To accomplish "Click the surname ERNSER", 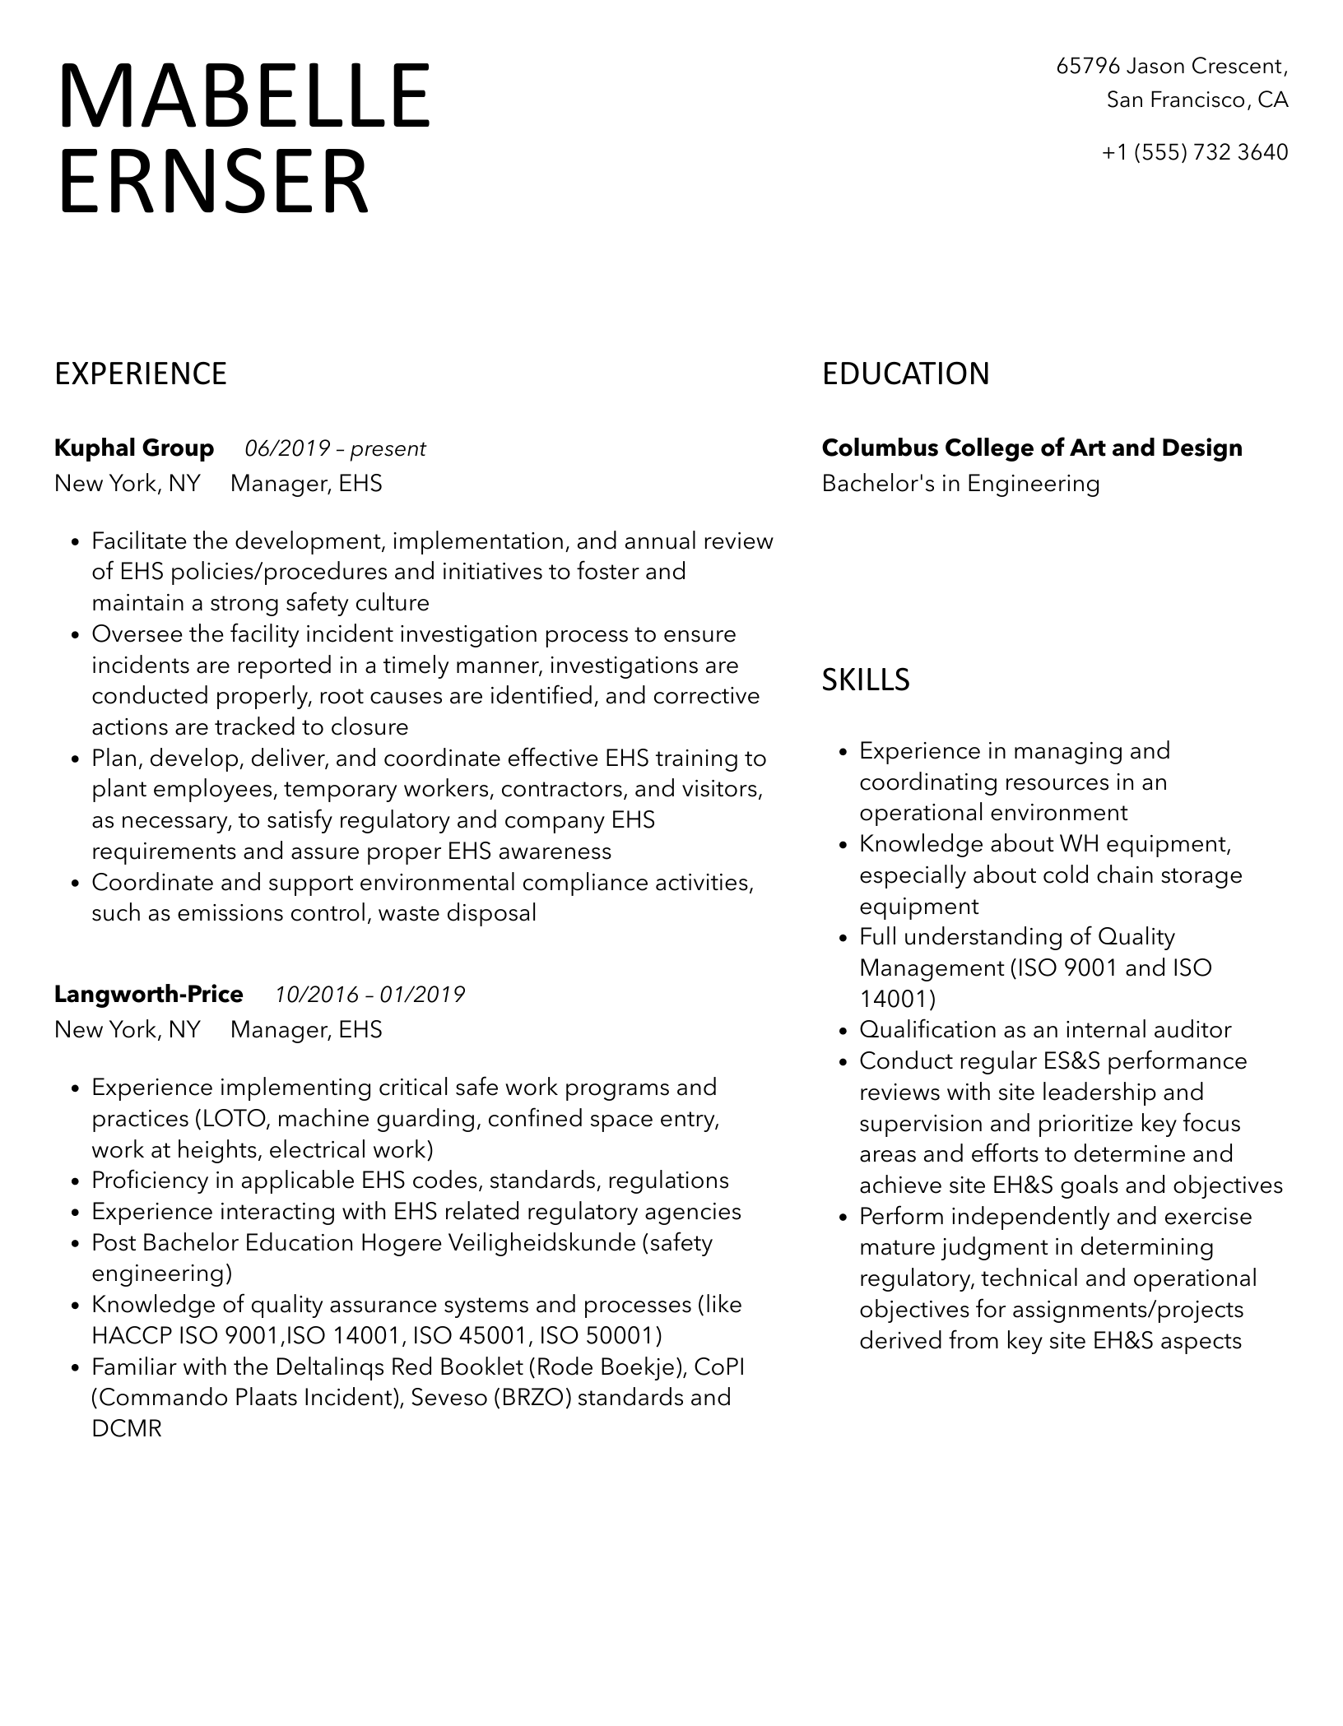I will point(212,181).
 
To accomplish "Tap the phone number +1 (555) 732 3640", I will point(1195,152).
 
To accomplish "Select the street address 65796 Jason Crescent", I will point(1171,66).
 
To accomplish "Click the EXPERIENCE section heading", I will point(140,374).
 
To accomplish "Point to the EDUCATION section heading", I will point(905,374).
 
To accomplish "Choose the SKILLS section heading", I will point(866,680).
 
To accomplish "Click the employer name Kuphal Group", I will point(134,448).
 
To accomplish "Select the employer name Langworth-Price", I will point(149,995).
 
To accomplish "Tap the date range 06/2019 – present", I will point(335,449).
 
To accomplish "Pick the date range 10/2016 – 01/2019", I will point(369,995).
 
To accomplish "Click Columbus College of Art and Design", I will point(1032,448).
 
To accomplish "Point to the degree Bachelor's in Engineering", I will point(960,484).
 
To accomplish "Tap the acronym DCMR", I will point(127,1429).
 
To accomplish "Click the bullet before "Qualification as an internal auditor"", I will point(843,1032).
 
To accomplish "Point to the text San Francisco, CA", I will point(1197,100).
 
